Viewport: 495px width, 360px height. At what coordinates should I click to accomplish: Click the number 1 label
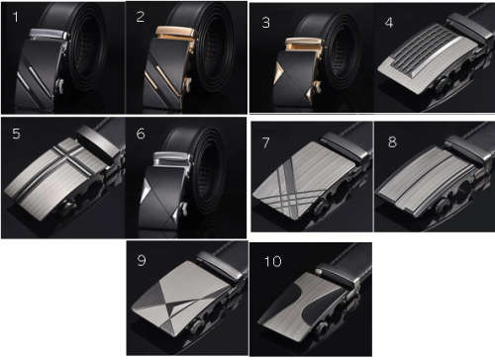click(x=14, y=16)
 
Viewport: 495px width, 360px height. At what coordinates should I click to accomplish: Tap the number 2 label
click(x=141, y=16)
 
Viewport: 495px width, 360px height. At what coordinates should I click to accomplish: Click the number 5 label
click(x=14, y=134)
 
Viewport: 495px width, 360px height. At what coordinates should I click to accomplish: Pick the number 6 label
click(x=141, y=134)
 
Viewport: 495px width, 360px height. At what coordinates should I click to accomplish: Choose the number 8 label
click(x=392, y=140)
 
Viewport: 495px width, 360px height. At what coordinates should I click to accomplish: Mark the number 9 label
click(x=142, y=260)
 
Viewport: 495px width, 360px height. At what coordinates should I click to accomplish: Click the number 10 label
click(x=271, y=262)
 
